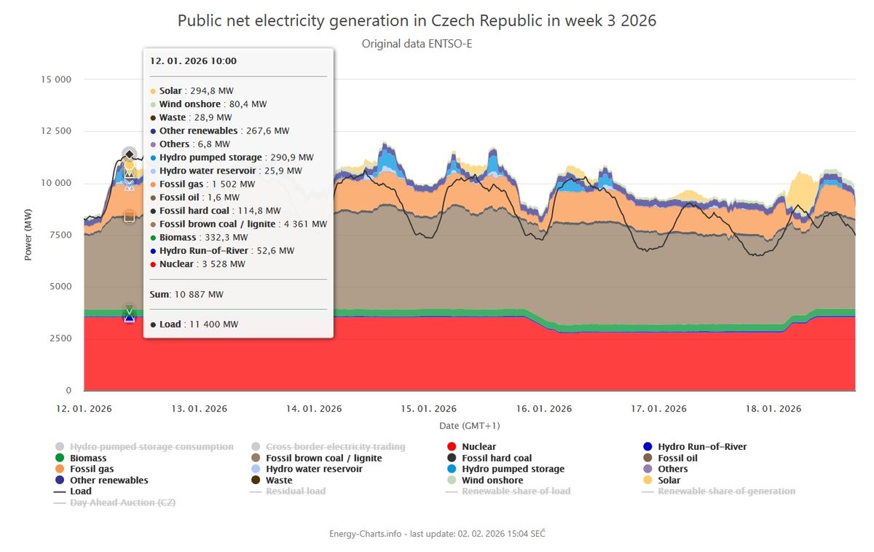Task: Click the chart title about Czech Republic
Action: (417, 20)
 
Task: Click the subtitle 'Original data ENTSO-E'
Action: (417, 44)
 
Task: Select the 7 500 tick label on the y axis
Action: (58, 235)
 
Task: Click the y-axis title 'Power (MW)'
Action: (29, 234)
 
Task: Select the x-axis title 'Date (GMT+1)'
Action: (469, 425)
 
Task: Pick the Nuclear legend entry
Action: (478, 447)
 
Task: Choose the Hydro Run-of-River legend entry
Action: (701, 447)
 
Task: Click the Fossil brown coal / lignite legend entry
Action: (323, 458)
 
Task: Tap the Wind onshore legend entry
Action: (492, 481)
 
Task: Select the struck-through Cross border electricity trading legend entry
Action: (335, 447)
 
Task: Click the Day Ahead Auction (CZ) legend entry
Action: (122, 502)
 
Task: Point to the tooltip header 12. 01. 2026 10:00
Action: (193, 61)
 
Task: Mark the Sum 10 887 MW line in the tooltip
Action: (186, 295)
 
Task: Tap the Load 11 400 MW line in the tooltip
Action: (194, 324)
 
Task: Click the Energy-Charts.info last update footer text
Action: (437, 534)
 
